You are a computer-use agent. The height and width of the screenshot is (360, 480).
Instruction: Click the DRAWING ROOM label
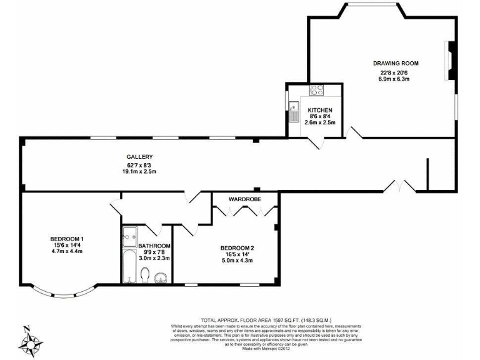396,63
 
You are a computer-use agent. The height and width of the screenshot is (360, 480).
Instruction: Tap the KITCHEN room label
319,110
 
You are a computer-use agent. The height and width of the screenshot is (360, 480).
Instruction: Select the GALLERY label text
139,157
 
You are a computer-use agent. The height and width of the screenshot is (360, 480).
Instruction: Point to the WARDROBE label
244,199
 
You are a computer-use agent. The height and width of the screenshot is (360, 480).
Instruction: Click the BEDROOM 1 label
67,239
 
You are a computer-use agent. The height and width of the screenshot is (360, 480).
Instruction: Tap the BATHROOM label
154,246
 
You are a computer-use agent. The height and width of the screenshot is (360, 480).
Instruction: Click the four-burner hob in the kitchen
316,90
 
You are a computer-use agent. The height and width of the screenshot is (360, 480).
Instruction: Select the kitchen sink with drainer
294,111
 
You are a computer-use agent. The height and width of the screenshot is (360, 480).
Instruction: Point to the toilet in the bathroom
145,275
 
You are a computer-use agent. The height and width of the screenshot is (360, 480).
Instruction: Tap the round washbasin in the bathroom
161,277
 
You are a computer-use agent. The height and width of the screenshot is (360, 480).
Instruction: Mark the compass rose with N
28,341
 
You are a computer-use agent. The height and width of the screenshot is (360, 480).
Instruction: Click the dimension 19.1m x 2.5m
139,172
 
